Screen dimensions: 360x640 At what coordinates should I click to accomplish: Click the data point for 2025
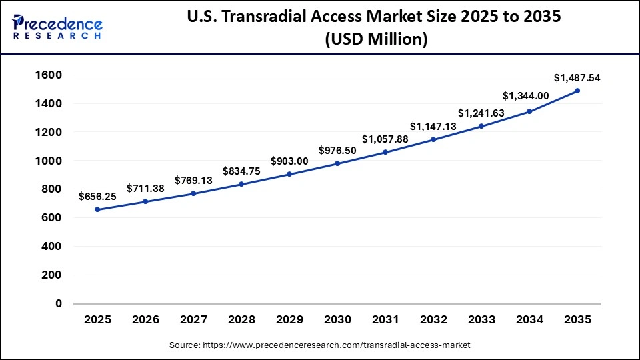[x=97, y=209]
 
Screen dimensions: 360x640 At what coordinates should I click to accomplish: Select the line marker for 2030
[x=337, y=163]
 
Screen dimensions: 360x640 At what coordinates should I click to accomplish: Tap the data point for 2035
[x=577, y=91]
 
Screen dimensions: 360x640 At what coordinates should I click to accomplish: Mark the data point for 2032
[x=433, y=139]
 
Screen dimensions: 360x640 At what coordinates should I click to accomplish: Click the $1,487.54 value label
[x=577, y=78]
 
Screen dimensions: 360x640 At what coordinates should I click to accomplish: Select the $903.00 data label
[x=289, y=161]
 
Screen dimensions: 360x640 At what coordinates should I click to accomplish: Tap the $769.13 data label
[x=193, y=180]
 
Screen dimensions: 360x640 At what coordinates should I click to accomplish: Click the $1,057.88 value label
[x=385, y=139]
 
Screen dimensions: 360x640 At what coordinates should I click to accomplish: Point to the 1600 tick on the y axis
[x=48, y=75]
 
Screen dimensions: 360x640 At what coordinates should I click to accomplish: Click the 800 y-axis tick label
[x=51, y=189]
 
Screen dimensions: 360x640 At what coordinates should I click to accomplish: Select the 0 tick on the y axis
[x=59, y=303]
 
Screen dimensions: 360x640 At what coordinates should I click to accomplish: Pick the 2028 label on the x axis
[x=241, y=320]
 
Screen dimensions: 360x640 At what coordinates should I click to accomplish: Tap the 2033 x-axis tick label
[x=481, y=320]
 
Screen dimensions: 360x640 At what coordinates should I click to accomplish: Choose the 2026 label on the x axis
[x=145, y=320]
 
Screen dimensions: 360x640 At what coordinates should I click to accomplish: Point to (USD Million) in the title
[x=376, y=40]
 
